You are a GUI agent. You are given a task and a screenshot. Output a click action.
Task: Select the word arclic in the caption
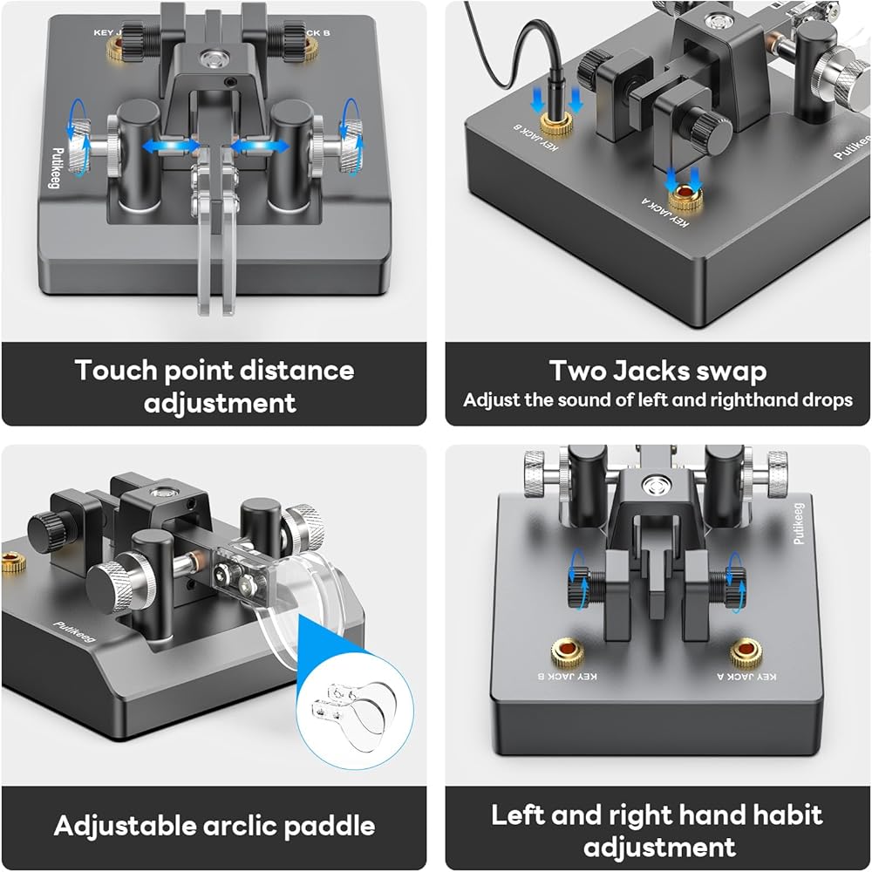241,826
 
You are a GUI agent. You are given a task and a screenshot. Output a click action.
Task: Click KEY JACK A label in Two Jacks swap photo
665,213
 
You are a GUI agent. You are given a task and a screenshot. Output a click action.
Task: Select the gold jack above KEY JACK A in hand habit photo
746,652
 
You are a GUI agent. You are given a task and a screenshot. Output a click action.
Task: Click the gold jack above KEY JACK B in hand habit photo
568,652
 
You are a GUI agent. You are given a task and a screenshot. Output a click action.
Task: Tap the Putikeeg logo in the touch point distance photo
58,168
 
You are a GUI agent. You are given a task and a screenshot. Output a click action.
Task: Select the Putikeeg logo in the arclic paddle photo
74,632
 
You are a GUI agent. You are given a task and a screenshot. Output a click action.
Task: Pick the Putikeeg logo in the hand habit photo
798,523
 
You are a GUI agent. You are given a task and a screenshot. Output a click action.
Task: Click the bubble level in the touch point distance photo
211,57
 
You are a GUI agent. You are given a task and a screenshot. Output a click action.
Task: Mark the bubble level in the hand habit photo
652,486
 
